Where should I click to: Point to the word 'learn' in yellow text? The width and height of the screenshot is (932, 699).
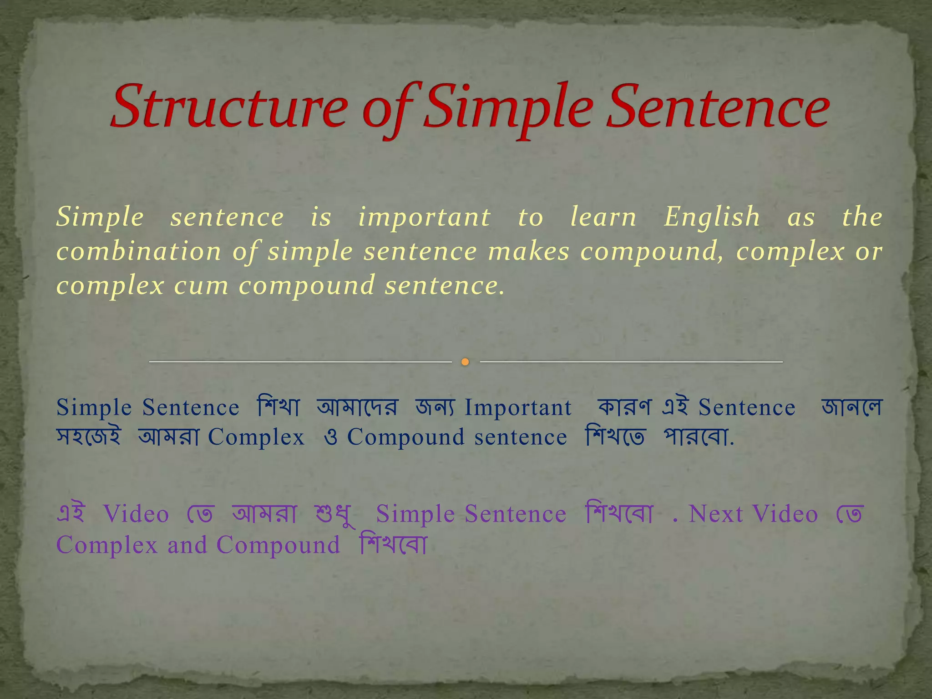tap(603, 217)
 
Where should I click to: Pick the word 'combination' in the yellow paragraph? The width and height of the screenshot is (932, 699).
tap(139, 251)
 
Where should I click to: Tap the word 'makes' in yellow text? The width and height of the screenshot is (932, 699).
tap(528, 251)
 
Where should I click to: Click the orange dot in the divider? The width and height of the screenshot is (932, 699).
tap(465, 362)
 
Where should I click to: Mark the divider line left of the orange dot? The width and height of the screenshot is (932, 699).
tap(300, 362)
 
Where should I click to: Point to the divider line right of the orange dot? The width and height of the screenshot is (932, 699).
tap(631, 362)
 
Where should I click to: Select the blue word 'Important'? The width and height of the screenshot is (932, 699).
tap(518, 407)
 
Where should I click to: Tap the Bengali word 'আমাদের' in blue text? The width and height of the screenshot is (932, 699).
tap(357, 406)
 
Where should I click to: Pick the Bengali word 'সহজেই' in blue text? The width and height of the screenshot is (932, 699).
tap(89, 436)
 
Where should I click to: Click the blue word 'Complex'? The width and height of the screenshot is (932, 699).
tap(256, 437)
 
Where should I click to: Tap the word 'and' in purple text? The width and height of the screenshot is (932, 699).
tap(187, 545)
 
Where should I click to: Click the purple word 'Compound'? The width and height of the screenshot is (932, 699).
tap(278, 545)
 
